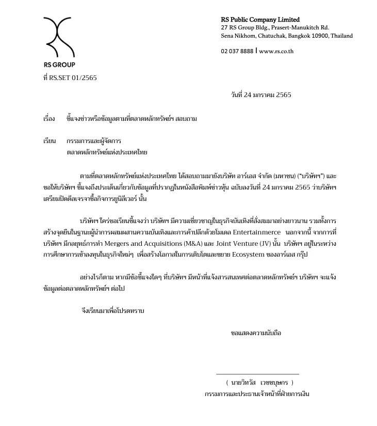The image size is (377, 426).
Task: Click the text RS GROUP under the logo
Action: pyautogui.click(x=59, y=65)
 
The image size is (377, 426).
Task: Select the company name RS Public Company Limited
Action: pyautogui.click(x=260, y=20)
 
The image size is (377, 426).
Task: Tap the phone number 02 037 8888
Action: pyautogui.click(x=237, y=51)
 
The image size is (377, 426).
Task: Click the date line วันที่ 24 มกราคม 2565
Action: pyautogui.click(x=260, y=95)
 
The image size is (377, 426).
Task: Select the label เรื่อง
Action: pyautogui.click(x=49, y=119)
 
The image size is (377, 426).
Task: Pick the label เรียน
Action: pyautogui.click(x=50, y=141)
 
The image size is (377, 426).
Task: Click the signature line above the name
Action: pyautogui.click(x=257, y=374)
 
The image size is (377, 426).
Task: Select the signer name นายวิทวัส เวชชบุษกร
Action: pyautogui.click(x=259, y=383)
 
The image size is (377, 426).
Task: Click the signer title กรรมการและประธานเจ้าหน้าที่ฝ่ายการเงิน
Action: pyautogui.click(x=256, y=393)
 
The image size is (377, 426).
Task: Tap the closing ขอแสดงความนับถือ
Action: pyautogui.click(x=256, y=334)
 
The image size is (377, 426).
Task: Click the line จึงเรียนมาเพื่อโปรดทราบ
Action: pyautogui.click(x=112, y=311)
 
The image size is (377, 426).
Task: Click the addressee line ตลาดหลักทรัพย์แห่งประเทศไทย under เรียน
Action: pyautogui.click(x=107, y=152)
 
